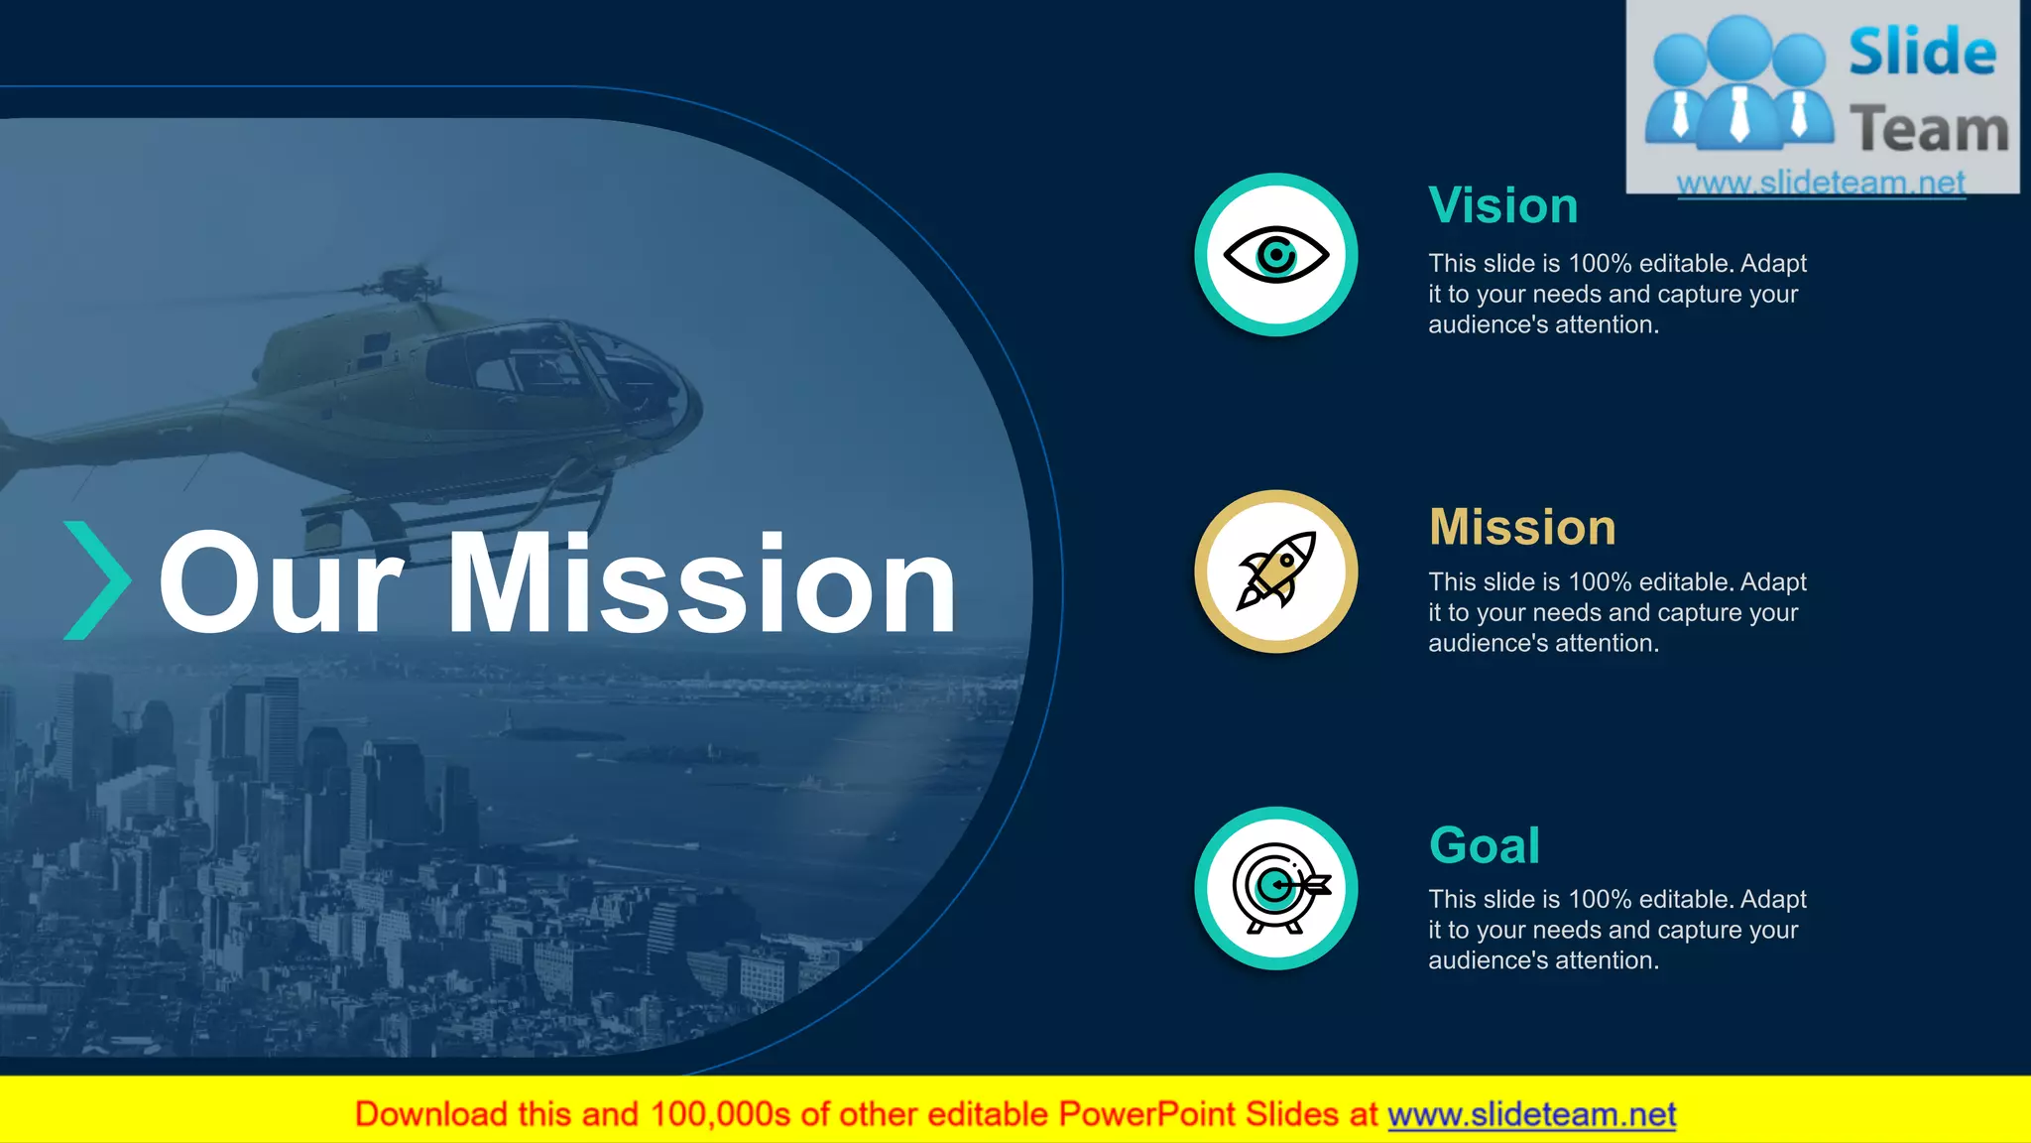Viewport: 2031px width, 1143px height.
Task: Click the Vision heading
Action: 1502,206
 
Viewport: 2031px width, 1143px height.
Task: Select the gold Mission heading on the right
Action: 1522,527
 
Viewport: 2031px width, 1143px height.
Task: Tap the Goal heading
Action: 1484,845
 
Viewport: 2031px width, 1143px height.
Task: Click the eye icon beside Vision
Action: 1275,255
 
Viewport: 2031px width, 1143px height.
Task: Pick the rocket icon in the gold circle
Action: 1275,571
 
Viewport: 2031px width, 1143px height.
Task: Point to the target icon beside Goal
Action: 1277,888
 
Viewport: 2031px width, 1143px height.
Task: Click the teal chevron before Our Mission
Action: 96,580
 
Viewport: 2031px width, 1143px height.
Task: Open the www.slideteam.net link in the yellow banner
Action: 1531,1114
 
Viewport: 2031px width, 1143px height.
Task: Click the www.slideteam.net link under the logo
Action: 1821,183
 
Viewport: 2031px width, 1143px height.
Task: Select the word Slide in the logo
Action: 1922,52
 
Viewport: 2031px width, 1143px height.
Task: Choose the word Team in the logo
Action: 1929,130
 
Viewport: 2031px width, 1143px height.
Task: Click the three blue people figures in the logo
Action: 1738,84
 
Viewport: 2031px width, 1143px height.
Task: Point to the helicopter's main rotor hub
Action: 409,283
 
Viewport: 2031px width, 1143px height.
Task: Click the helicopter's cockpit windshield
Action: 615,367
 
